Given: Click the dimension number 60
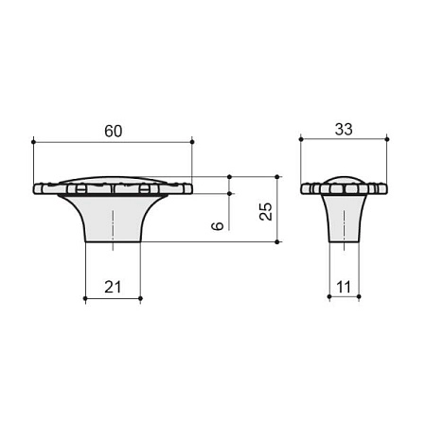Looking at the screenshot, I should pos(113,131).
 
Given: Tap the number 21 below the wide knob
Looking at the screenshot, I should pos(113,287).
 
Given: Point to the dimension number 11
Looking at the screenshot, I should pos(344,287).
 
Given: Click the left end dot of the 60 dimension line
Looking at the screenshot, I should pos(34,142).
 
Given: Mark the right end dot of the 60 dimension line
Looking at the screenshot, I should pos(192,142).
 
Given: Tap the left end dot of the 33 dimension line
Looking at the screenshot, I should pos(301,142).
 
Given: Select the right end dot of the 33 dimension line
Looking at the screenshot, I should pos(387,142).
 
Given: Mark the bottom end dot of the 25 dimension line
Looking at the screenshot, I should pos(277,242).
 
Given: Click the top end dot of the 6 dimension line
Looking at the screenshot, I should pos(230,176).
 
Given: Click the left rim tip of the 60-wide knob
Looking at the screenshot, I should pos(36,187).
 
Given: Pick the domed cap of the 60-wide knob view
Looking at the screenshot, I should pos(113,179).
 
